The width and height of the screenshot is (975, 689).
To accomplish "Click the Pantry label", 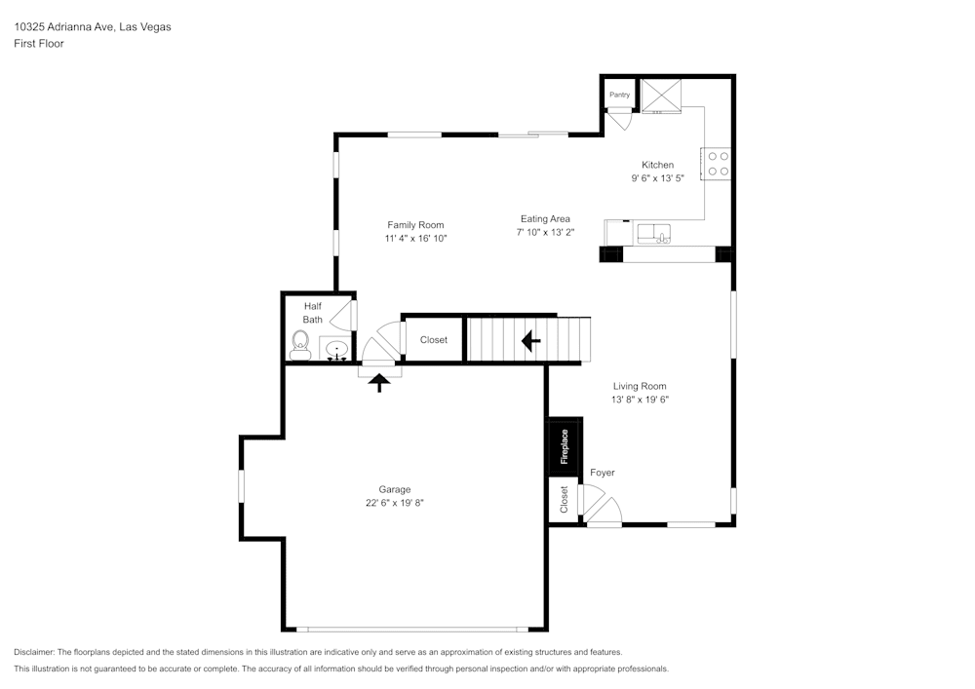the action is tap(619, 96).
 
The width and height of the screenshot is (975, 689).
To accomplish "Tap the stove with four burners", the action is tap(717, 164).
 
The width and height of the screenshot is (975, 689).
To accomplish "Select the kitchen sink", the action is tap(653, 234).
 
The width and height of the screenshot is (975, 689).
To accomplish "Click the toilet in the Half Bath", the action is tap(300, 345).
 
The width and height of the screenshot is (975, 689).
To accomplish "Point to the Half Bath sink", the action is tap(336, 349).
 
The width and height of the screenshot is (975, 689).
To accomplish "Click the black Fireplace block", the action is tap(565, 446).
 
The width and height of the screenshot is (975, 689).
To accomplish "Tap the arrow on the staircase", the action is tap(530, 340).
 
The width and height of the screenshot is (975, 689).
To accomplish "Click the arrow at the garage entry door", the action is tap(378, 382).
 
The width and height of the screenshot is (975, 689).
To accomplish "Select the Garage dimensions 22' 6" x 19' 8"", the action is tap(394, 503).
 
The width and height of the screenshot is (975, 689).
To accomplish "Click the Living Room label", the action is tap(640, 386).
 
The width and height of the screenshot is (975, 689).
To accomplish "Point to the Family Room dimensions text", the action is tap(415, 238).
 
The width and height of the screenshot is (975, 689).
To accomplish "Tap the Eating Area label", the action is tap(545, 218).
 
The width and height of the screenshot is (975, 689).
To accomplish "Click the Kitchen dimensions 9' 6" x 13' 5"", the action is tap(657, 177).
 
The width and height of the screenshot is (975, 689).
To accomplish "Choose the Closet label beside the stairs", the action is tap(434, 340).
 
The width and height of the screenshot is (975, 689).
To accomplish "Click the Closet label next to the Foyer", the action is tap(564, 500).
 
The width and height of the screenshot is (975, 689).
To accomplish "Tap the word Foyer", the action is tap(602, 473).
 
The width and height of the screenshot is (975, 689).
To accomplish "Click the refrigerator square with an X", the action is tap(661, 96).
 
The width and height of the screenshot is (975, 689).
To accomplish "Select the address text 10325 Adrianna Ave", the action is tap(64, 26).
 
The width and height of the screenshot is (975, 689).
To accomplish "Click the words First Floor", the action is tap(39, 44).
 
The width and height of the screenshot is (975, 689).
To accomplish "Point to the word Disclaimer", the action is tap(34, 652).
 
